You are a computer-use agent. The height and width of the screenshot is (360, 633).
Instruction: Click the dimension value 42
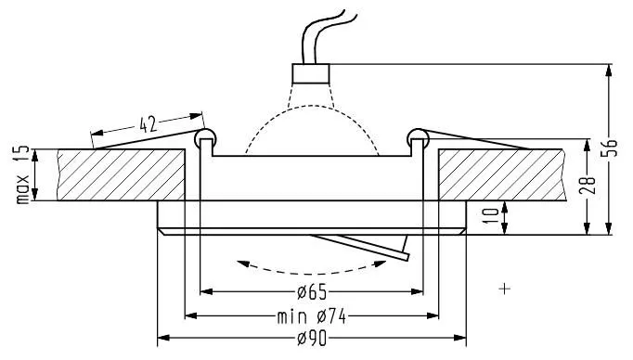pyautogui.click(x=148, y=124)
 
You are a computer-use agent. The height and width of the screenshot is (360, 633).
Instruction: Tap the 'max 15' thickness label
pyautogui.click(x=22, y=174)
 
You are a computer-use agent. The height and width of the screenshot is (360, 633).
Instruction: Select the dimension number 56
pyautogui.click(x=612, y=148)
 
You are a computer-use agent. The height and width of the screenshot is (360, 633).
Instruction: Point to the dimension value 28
pyautogui.click(x=589, y=186)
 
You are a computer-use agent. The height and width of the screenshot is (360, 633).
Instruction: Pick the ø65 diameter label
pyautogui.click(x=312, y=292)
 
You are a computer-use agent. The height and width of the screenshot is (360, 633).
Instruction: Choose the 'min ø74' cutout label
pyautogui.click(x=312, y=316)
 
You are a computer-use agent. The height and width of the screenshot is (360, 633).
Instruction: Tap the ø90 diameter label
pyautogui.click(x=312, y=339)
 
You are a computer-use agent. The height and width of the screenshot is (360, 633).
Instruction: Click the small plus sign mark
pyautogui.click(x=505, y=289)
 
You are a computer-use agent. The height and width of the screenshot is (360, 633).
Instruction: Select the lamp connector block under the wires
pyautogui.click(x=310, y=73)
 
